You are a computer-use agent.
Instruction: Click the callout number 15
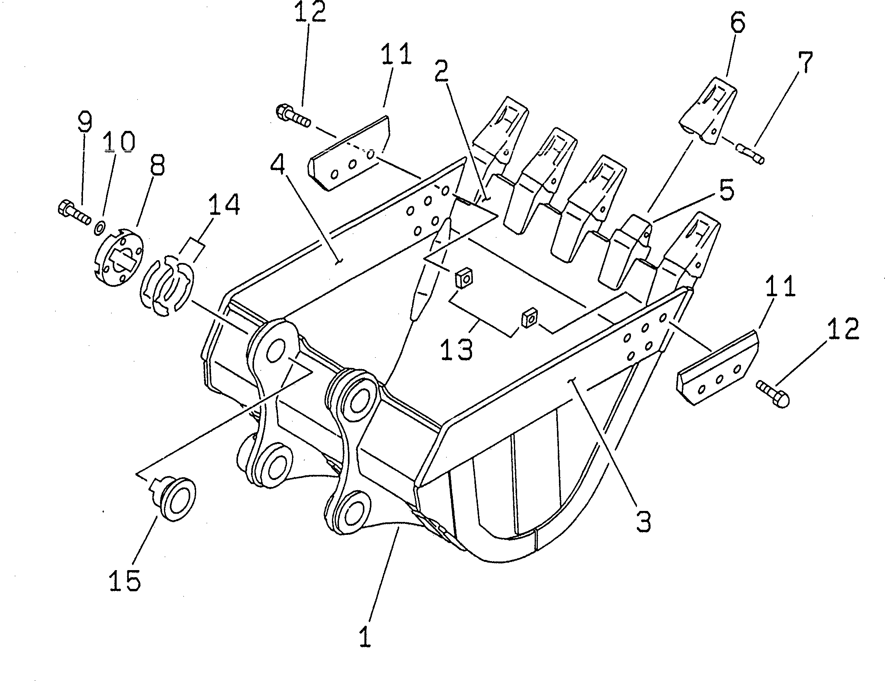pos(125,580)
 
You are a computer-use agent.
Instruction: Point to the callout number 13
pos(457,350)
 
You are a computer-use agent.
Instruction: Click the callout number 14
pos(224,204)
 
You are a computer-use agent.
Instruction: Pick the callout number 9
pos(85,121)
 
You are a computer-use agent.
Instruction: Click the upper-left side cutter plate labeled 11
pos(349,153)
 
